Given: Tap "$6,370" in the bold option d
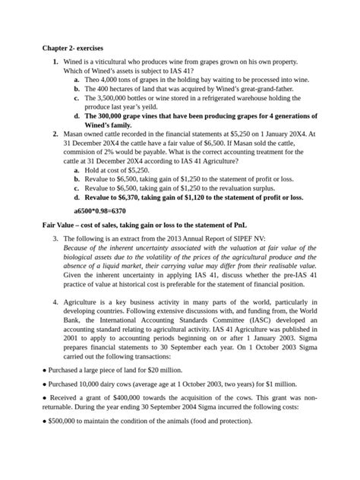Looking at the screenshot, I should point(140,197).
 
